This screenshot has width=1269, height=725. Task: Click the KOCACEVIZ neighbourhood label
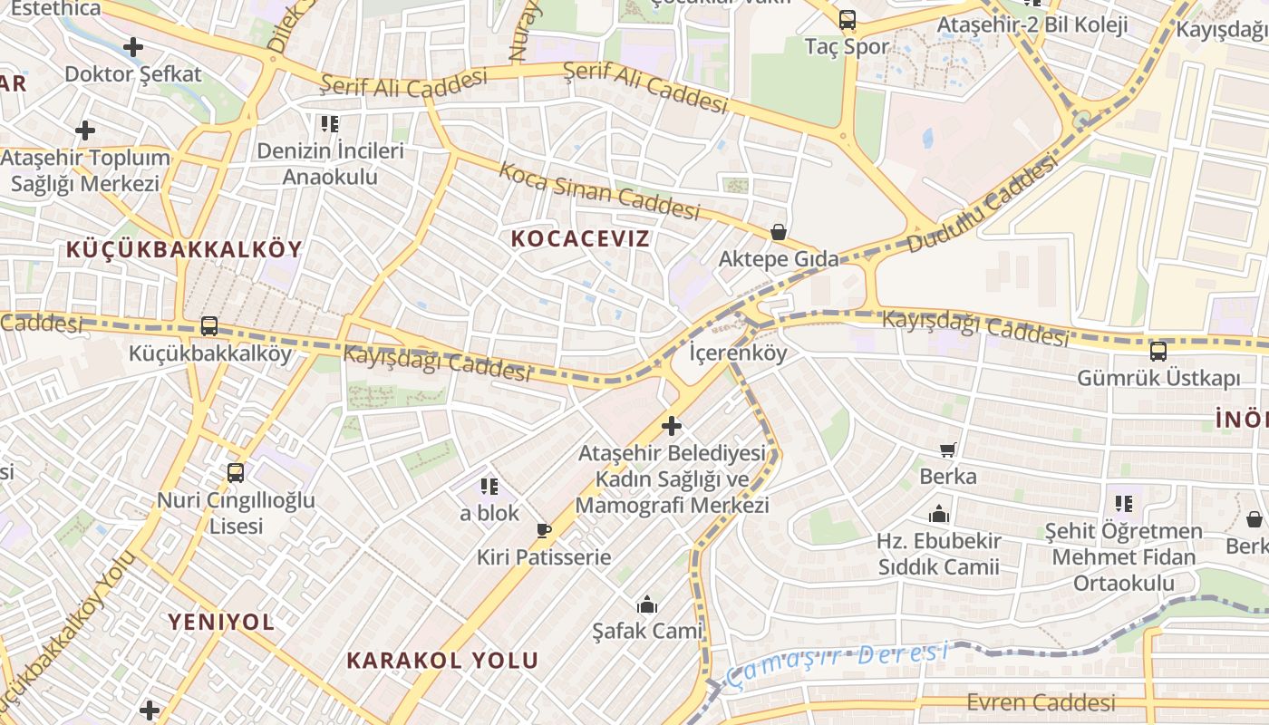[581, 238]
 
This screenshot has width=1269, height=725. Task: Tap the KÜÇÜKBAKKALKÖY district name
[184, 249]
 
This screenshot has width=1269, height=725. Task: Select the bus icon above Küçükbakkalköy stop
[209, 326]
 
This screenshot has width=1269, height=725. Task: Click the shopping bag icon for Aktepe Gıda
[778, 232]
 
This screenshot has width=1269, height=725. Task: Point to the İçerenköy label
[738, 353]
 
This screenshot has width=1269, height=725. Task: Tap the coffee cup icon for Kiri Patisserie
[544, 530]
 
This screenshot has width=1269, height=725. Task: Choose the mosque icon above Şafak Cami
[647, 604]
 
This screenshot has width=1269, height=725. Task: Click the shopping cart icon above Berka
[948, 449]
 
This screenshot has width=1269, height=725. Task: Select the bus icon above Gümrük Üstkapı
[1158, 351]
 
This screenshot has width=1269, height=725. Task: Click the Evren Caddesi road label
[1041, 702]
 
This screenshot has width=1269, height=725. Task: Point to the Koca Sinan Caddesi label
[599, 190]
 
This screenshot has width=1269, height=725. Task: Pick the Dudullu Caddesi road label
[982, 205]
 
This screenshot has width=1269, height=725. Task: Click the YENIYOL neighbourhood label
[220, 622]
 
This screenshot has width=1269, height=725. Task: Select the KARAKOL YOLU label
[442, 660]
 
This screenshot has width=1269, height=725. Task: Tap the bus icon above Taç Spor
[848, 19]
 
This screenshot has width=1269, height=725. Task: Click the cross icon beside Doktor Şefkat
[133, 47]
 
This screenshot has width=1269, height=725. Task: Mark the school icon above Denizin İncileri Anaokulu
[329, 123]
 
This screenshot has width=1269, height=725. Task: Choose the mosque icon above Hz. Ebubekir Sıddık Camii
[939, 515]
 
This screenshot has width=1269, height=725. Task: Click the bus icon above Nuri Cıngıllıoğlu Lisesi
[236, 472]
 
